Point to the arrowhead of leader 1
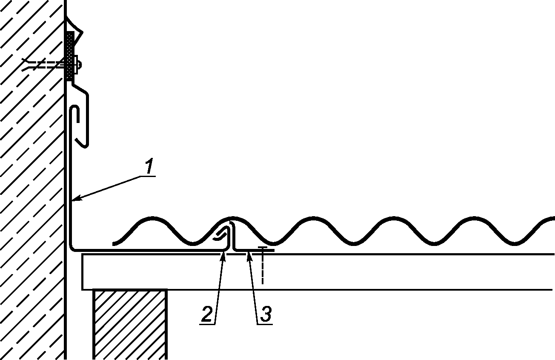[74, 199]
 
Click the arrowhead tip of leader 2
[224, 251]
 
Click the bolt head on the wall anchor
[79, 65]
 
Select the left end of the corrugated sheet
[114, 244]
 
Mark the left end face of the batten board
[82, 271]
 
